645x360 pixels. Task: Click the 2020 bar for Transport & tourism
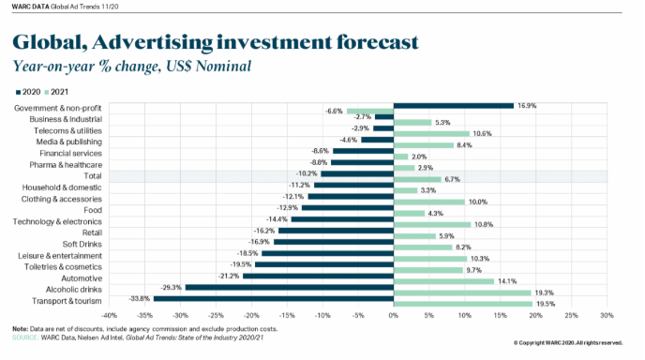(x=274, y=299)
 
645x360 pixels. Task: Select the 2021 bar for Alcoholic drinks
(x=462, y=292)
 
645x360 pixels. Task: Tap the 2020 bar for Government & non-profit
(x=454, y=106)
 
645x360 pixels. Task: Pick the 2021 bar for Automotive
(x=443, y=281)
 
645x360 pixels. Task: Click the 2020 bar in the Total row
(x=357, y=174)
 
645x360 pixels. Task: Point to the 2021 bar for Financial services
(x=400, y=157)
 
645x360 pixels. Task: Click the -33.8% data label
(x=139, y=299)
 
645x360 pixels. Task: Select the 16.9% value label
(x=527, y=106)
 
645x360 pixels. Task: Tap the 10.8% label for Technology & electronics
(x=484, y=225)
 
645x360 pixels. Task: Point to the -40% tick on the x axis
(x=109, y=316)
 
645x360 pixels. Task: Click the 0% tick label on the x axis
(x=394, y=316)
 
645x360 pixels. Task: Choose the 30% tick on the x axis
(x=607, y=316)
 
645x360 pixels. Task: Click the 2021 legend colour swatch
(x=47, y=92)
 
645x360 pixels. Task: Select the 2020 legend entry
(x=28, y=92)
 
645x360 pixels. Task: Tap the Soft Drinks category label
(x=82, y=244)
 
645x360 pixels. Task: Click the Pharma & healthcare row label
(x=66, y=165)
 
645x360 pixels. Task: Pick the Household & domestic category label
(x=62, y=187)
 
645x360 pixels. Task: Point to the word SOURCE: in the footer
(x=25, y=337)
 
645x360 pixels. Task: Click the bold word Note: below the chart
(x=21, y=329)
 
